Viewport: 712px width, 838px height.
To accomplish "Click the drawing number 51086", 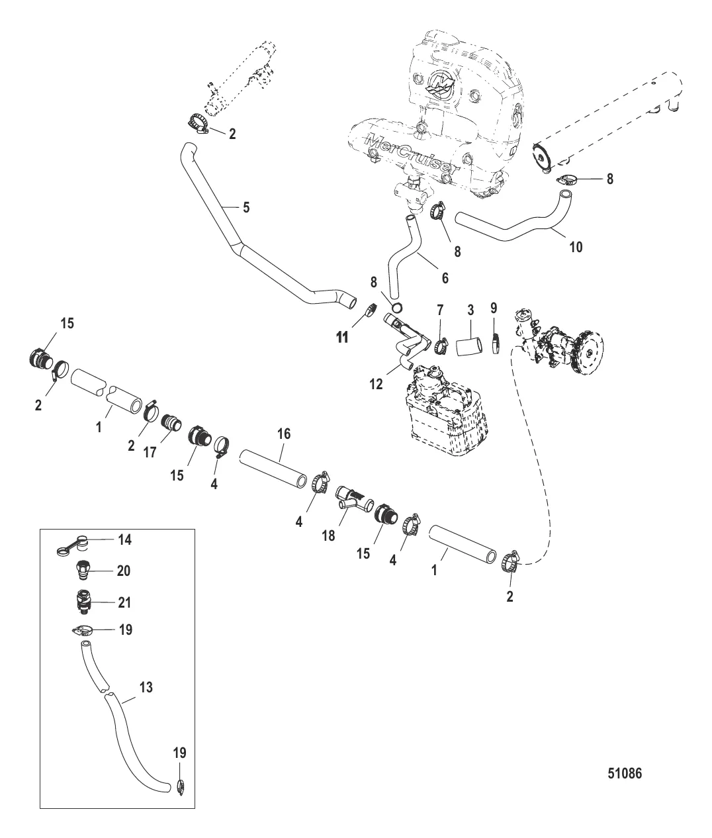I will click(624, 772).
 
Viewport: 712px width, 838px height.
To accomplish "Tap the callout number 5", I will click(246, 207).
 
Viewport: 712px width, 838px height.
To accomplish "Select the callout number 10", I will click(576, 247).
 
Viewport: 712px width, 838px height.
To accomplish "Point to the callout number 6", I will click(445, 279).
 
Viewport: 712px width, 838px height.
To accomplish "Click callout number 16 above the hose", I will click(283, 434).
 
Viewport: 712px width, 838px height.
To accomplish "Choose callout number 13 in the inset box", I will click(146, 688).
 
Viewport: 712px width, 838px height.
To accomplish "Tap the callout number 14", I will click(125, 540).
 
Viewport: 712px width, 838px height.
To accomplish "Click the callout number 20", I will click(124, 571).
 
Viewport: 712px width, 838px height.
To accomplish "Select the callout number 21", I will click(124, 602).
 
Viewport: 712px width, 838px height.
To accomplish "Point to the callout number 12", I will click(376, 384).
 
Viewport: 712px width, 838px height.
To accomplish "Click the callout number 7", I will click(439, 310).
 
